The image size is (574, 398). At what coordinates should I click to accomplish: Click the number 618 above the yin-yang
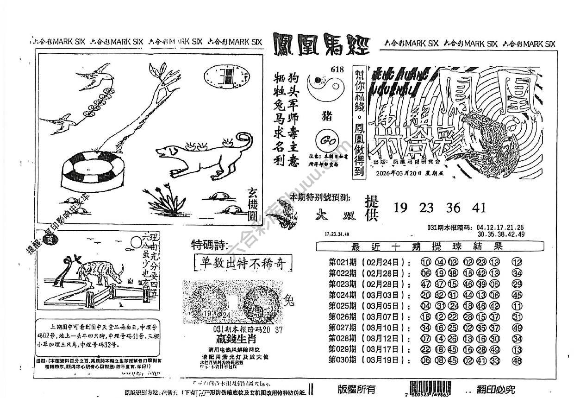click(x=337, y=69)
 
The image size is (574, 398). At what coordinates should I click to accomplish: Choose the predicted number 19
click(x=401, y=208)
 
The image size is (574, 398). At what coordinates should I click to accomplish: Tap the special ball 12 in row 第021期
click(x=517, y=262)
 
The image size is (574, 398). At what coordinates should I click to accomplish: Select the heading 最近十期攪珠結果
click(x=428, y=246)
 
